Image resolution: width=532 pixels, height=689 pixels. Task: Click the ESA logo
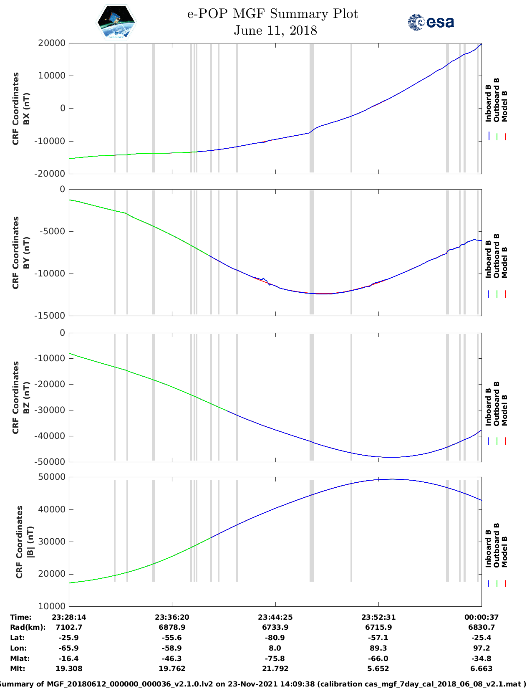pos(431,22)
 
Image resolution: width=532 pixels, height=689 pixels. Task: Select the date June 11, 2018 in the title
pos(275,30)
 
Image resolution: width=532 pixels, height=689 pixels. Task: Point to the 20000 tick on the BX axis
pos(51,43)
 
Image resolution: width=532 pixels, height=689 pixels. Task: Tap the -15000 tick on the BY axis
pos(51,316)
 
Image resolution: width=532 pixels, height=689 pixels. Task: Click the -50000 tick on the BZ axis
pos(51,462)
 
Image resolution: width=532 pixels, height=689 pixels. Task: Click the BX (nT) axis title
pos(26,109)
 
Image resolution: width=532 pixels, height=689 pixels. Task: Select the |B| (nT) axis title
pos(30,542)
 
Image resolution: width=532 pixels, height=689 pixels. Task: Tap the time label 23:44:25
pos(275,617)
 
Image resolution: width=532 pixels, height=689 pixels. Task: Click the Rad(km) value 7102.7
pos(69,627)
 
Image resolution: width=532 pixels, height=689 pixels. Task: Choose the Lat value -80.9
pos(275,638)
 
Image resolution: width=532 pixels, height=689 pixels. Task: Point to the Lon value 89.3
pos(378,648)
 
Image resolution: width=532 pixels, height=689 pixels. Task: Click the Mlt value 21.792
pos(275,669)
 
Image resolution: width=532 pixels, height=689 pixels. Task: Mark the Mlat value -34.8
pos(482,659)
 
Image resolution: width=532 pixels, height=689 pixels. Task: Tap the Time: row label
pos(21,617)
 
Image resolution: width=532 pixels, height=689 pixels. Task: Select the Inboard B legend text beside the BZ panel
pos(489,407)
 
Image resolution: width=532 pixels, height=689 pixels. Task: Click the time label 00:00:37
pos(482,617)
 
